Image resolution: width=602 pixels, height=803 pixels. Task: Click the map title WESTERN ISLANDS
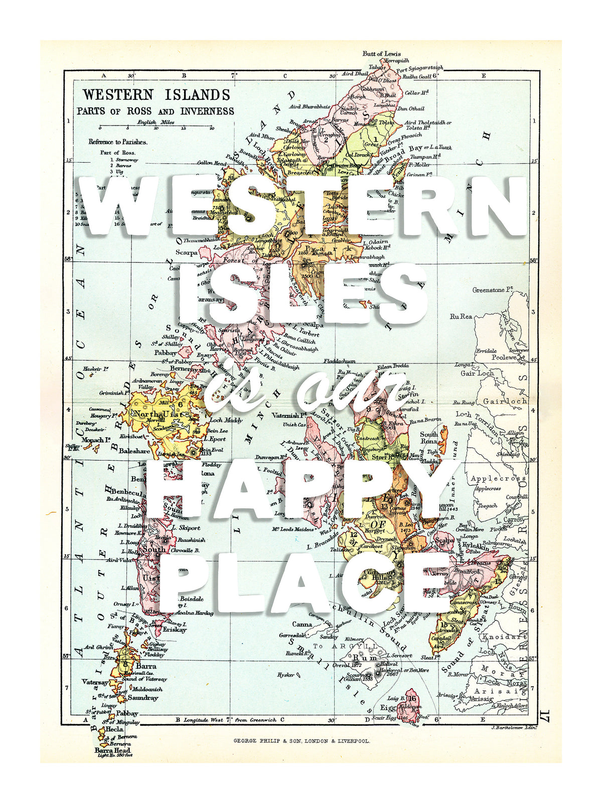click(156, 95)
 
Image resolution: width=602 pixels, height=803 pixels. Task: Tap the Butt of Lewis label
click(381, 54)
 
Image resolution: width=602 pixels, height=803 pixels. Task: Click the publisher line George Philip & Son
click(302, 740)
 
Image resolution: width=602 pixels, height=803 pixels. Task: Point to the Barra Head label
click(112, 750)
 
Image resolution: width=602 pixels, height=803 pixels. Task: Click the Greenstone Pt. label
click(494, 290)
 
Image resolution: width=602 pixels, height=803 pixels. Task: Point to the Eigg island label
click(387, 708)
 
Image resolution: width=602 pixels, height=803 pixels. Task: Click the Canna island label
click(302, 624)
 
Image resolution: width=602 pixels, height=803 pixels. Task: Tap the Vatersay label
click(95, 683)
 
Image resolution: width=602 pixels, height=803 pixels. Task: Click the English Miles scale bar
click(156, 126)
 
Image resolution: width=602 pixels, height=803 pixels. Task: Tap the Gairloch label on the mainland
click(504, 401)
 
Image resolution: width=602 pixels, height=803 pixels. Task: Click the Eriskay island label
click(174, 629)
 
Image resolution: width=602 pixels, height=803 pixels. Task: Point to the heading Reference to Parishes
click(118, 142)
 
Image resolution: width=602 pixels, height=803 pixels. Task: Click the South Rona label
click(429, 438)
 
